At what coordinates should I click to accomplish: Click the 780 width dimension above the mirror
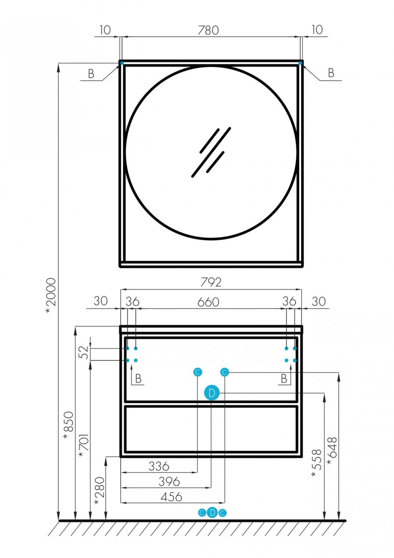[x=208, y=30]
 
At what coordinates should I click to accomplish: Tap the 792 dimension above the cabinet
[x=211, y=282]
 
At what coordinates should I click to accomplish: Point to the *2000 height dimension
[x=51, y=295]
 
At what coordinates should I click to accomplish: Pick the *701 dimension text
[x=83, y=445]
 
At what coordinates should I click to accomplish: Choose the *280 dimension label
[x=99, y=490]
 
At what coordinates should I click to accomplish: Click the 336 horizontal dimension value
[x=158, y=466]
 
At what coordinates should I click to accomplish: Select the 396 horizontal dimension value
[x=169, y=481]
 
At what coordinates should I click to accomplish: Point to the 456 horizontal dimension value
[x=171, y=497]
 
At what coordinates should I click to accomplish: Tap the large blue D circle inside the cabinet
[x=211, y=393]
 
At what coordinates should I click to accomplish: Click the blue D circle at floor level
[x=212, y=512]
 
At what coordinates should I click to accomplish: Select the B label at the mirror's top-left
[x=91, y=74]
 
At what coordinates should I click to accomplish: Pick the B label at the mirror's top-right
[x=331, y=73]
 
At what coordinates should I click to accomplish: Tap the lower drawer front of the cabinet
[x=211, y=429]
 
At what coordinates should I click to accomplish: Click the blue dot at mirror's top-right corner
[x=300, y=63]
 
